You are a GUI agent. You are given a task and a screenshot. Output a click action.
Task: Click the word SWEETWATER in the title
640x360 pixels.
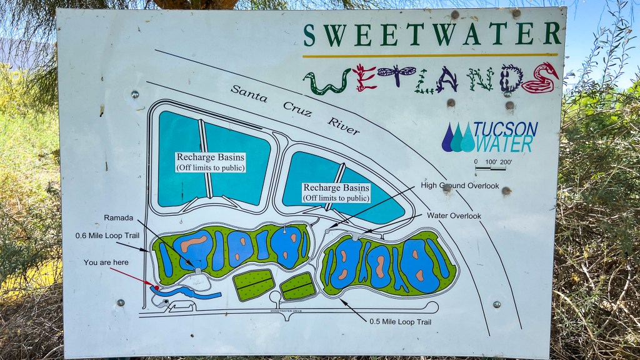pyautogui.click(x=432, y=35)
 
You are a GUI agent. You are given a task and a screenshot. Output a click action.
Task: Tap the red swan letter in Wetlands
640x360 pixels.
pyautogui.click(x=539, y=78)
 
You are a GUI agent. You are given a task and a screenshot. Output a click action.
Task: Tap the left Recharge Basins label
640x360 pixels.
pyautogui.click(x=211, y=161)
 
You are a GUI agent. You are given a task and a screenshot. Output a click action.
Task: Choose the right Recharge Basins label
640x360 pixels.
pyautogui.click(x=336, y=192)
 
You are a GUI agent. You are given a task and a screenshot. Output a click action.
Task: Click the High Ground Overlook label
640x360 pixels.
pyautogui.click(x=460, y=186)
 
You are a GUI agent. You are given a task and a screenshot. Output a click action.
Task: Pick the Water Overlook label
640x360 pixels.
pyautogui.click(x=454, y=216)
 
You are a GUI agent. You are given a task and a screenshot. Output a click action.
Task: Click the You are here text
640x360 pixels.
pyautogui.click(x=106, y=262)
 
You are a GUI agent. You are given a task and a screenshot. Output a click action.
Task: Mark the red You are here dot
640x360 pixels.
pyautogui.click(x=156, y=287)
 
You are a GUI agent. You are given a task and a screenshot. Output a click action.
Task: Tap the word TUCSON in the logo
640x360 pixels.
pyautogui.click(x=505, y=129)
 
